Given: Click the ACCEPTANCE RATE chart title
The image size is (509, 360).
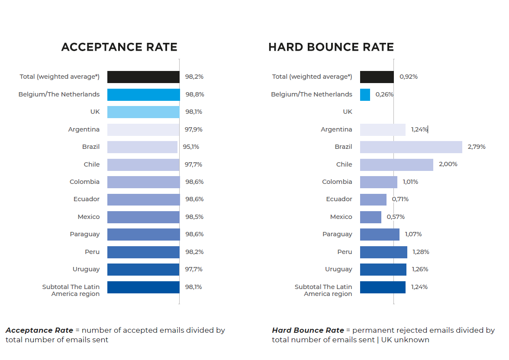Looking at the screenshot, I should (119, 47).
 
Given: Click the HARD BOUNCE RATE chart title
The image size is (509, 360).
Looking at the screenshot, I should (331, 47).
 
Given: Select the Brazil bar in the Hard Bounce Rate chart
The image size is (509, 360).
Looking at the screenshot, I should (411, 147).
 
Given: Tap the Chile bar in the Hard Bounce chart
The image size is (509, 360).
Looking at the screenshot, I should (396, 165).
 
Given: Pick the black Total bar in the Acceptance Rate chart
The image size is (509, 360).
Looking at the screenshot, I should (143, 77).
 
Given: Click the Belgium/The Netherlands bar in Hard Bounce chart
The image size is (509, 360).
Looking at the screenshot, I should (365, 95).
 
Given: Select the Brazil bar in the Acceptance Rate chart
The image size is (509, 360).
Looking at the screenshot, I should (142, 147).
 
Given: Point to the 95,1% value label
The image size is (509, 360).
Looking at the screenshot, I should (191, 147).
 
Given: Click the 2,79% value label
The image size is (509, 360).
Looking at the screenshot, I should (477, 147).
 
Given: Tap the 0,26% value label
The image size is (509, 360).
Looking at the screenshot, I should (384, 94).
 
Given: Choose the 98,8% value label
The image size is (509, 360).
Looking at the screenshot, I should (195, 94).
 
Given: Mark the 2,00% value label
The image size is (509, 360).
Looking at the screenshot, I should (448, 164).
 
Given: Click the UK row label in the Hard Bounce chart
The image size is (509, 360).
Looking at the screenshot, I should (348, 112).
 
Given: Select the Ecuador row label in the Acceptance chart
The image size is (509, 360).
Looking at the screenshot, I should (87, 199).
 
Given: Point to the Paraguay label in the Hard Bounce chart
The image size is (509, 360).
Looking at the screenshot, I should (337, 234).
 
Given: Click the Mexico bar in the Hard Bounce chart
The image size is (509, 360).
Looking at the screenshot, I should (370, 217).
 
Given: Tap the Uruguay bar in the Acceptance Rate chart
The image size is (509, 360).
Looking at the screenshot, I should (143, 270).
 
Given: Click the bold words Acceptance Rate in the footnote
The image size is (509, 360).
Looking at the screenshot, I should (39, 330).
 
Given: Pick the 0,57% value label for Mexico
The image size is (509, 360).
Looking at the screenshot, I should (396, 217).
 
